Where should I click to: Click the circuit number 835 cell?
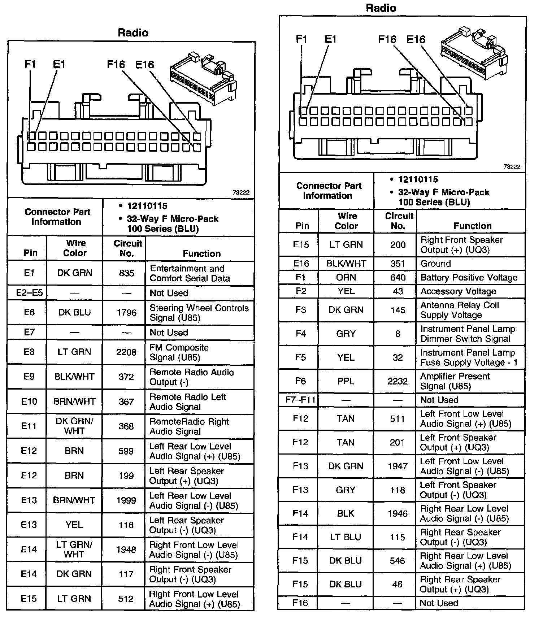(126, 273)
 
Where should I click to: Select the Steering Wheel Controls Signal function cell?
(199, 313)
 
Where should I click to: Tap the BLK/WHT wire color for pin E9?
(74, 377)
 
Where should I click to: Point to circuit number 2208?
(126, 352)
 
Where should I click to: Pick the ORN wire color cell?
(346, 277)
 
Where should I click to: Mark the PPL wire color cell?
(346, 381)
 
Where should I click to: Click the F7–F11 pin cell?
(300, 400)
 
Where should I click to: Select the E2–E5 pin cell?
(29, 292)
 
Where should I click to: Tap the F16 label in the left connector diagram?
(116, 65)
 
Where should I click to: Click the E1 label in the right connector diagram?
(330, 39)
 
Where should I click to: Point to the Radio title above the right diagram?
(381, 8)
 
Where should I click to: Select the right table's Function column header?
(472, 226)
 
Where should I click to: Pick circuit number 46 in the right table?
(397, 584)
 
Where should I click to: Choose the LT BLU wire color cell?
(346, 537)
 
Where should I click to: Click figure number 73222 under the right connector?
(512, 166)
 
